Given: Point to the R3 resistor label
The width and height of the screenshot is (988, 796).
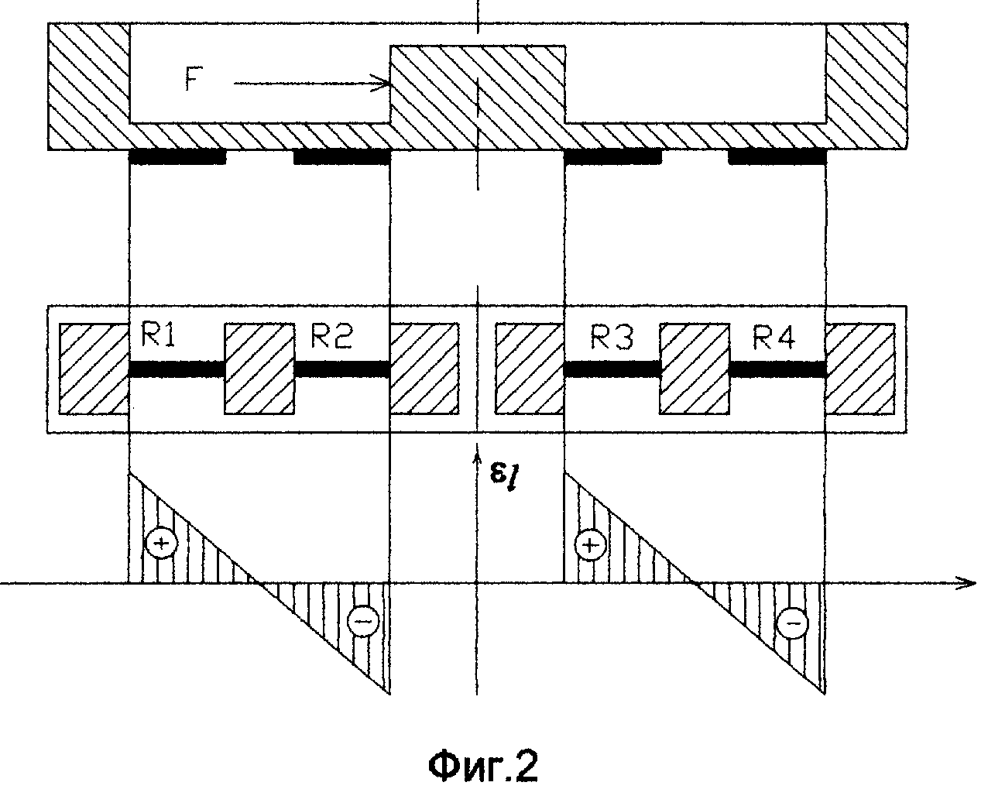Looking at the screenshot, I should coord(611,338).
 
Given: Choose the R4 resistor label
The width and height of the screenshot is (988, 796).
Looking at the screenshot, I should coord(774,338).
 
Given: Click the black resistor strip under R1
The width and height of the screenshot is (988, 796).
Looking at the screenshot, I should coord(177,369).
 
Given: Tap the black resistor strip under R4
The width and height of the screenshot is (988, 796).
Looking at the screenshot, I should coord(777,369).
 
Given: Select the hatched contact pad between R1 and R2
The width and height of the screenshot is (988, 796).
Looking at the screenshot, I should coord(259,369).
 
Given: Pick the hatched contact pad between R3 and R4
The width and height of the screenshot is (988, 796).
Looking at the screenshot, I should coord(695,369).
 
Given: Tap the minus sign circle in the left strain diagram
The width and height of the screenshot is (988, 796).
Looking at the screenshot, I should coord(363,619).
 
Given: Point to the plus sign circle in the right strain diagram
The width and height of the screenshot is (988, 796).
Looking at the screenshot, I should coord(590,544).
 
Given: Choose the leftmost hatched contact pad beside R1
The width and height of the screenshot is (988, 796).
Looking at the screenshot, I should coord(94,369).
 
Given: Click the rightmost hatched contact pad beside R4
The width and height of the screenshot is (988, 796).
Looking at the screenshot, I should coord(859,369).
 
